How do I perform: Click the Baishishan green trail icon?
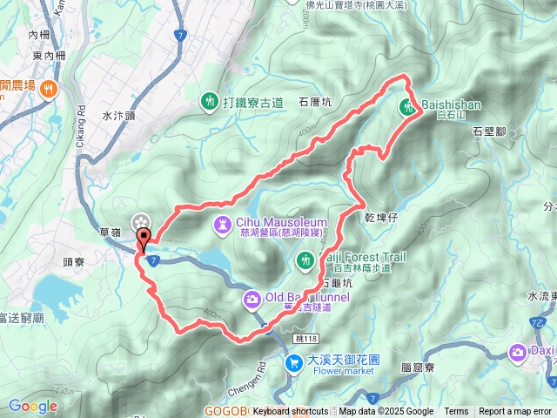coord(408,108)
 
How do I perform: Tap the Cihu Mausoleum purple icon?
coord(224,226)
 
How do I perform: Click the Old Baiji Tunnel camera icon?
coord(252,300)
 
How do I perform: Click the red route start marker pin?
coord(144,238)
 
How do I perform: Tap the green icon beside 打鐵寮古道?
coord(209,102)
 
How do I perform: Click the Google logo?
coord(32,406)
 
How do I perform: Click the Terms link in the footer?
coord(456,412)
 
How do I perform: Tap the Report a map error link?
coord(515,412)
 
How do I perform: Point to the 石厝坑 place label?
coord(315,101)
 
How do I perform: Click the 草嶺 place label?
coord(110,233)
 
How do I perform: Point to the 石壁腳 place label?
coord(489,131)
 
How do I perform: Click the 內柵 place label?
coord(39,35)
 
